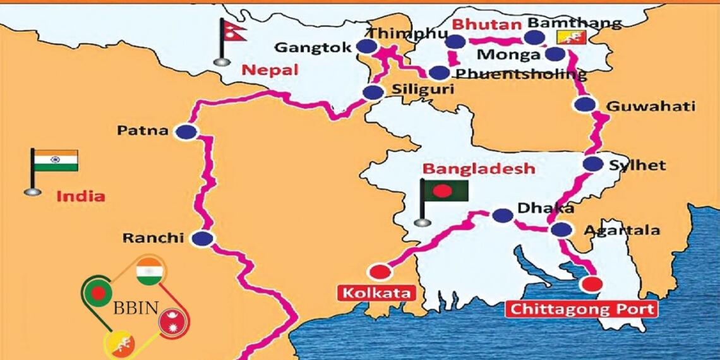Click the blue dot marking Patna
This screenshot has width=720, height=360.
(x=186, y=131)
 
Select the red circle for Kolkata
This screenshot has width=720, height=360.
(x=380, y=272)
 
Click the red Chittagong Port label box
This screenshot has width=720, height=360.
(x=582, y=309)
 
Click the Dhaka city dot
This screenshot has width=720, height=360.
(x=503, y=215)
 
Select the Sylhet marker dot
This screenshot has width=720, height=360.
(x=592, y=164)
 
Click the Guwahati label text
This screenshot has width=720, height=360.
(x=651, y=106)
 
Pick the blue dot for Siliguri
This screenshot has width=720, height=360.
(x=373, y=92)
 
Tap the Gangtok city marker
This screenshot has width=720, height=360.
(x=366, y=46)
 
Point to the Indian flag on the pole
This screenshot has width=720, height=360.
(x=56, y=160)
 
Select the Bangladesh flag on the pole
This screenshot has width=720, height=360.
(x=446, y=190)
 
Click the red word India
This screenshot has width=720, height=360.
(x=81, y=196)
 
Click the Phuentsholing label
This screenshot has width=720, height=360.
(x=521, y=74)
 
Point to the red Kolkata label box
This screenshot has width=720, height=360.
(x=378, y=293)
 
